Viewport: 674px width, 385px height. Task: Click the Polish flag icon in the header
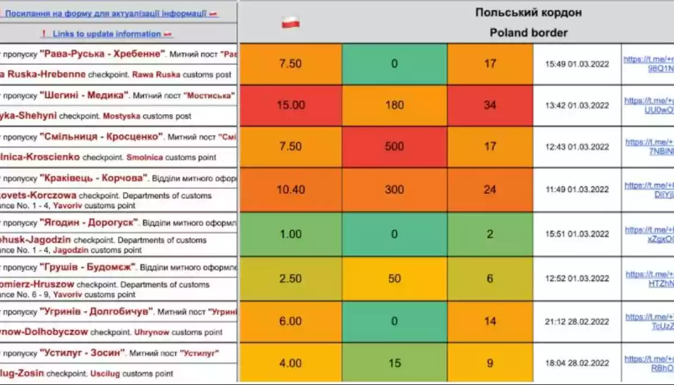pos(290,23)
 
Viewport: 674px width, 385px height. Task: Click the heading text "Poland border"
pos(529,33)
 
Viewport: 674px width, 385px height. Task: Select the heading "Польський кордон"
pos(529,12)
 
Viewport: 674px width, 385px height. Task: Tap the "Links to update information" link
pos(107,34)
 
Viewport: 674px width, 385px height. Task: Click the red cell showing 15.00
pos(290,105)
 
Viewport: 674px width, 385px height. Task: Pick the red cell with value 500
pos(394,147)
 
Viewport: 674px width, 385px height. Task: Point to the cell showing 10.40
pos(290,189)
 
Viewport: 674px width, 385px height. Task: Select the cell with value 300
pos(394,189)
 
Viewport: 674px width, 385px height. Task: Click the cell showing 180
pos(394,105)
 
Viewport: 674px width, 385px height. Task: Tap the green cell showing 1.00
pos(290,234)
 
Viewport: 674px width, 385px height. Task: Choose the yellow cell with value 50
pos(394,278)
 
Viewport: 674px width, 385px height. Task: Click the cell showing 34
pos(490,105)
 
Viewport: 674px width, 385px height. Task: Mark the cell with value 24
pos(490,189)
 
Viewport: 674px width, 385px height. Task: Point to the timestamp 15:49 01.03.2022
pos(577,64)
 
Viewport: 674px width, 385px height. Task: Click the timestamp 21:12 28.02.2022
pos(577,321)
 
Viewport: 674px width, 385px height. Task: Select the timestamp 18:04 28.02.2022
pos(577,364)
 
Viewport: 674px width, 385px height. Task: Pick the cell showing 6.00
pos(290,321)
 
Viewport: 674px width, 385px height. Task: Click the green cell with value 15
pos(394,363)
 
